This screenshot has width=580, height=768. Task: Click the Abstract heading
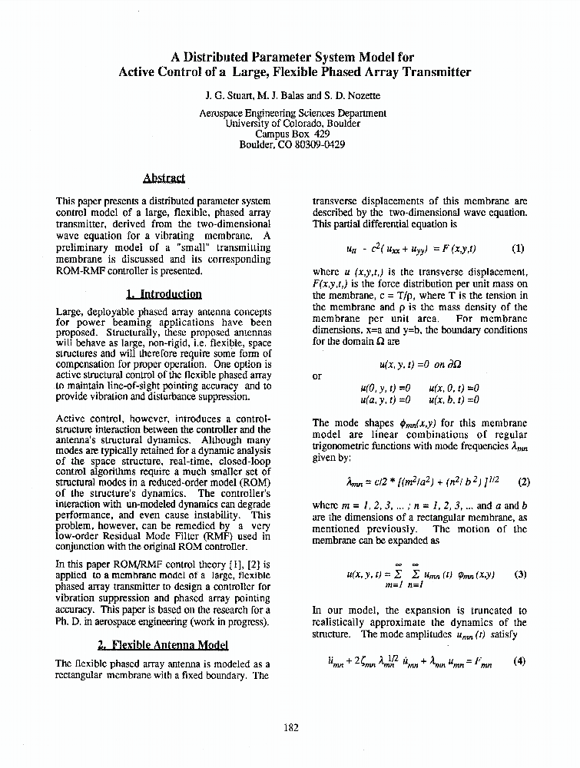click(164, 178)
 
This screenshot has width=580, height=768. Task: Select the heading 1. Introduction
click(164, 293)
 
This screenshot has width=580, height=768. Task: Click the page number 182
click(290, 727)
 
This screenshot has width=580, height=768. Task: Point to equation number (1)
click(518, 248)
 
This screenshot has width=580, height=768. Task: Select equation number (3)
click(520, 574)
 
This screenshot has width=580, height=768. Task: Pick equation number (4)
click(519, 661)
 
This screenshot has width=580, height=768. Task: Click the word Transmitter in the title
click(429, 72)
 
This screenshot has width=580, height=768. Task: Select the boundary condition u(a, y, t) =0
click(385, 399)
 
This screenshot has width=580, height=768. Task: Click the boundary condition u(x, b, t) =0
click(454, 399)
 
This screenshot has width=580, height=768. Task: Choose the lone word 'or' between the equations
click(317, 376)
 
